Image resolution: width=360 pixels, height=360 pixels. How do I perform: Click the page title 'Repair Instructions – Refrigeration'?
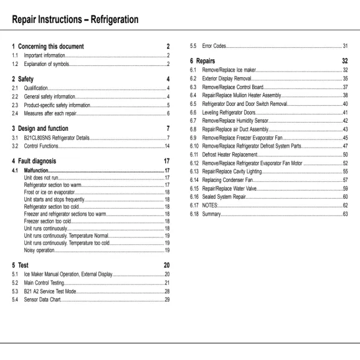coord(75,19)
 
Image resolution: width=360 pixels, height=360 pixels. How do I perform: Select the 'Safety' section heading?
coord(26,79)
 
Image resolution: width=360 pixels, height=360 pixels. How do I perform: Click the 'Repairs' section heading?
coord(206,61)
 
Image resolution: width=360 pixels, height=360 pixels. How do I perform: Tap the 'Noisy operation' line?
coord(39,250)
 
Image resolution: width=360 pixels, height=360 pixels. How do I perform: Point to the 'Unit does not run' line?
coord(42,178)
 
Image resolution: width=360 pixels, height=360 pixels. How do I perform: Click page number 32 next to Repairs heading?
coord(344,61)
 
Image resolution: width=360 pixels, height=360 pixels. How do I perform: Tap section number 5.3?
coord(15,291)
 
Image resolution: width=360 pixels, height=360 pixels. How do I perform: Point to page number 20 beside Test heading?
coord(166,265)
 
